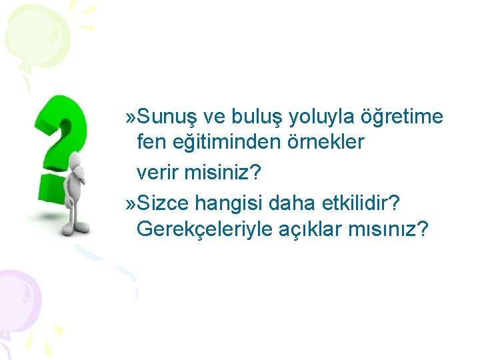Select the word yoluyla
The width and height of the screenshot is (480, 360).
(323, 117)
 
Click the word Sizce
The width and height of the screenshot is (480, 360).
(163, 201)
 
